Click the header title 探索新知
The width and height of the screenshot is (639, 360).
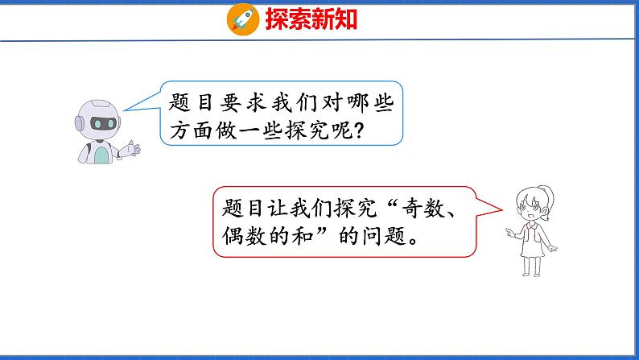coord(310,19)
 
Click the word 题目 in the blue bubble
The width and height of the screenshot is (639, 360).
coord(190,103)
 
